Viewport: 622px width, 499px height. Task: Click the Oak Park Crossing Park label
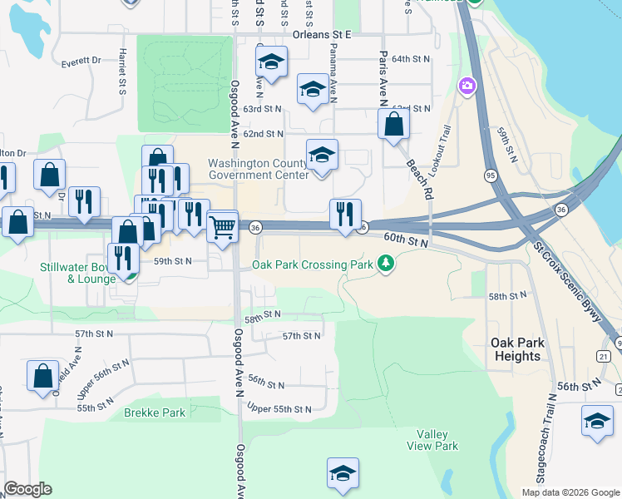(x=313, y=265)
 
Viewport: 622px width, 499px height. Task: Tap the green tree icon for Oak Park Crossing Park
(x=385, y=264)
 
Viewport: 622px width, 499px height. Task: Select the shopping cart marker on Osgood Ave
(x=222, y=226)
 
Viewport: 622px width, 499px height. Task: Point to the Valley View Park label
(x=437, y=440)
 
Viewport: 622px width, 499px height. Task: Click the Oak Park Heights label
(x=516, y=349)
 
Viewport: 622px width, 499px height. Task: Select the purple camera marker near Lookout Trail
(x=466, y=86)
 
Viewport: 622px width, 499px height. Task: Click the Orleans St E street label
(x=323, y=35)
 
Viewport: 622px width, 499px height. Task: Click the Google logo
(x=27, y=489)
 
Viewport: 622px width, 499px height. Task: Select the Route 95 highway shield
(x=490, y=175)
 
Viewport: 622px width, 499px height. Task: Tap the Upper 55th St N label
(x=279, y=409)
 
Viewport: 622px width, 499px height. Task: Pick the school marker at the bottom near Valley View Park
(x=343, y=474)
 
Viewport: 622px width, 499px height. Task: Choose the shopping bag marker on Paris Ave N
(x=394, y=125)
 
